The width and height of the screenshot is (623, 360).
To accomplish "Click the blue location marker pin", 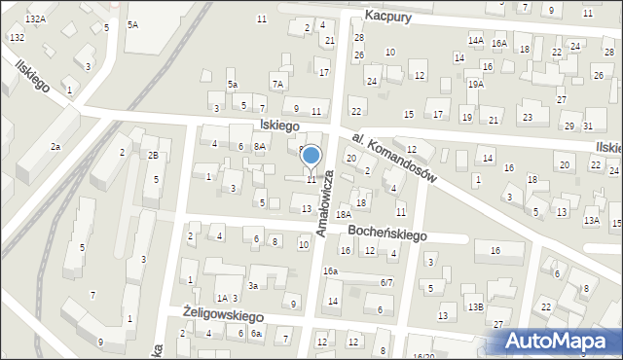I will point(311,156).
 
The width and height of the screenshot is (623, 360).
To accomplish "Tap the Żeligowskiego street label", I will point(224,315).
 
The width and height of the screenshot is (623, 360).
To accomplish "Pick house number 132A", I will point(36,18).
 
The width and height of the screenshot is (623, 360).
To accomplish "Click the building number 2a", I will point(55,146).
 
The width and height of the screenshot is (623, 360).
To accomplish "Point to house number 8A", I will point(259,146).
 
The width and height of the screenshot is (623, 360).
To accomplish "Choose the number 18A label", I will point(343,214).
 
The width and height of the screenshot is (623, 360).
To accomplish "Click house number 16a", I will point(331,270).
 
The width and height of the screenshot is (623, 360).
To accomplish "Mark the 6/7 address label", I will point(386,282).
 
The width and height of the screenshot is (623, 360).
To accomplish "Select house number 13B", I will point(475,307).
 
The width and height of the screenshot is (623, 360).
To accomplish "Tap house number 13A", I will point(591,221).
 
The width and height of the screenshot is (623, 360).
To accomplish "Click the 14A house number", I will point(475,41).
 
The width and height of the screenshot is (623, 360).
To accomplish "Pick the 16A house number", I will point(499,44).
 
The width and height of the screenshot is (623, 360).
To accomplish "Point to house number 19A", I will point(475,85).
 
